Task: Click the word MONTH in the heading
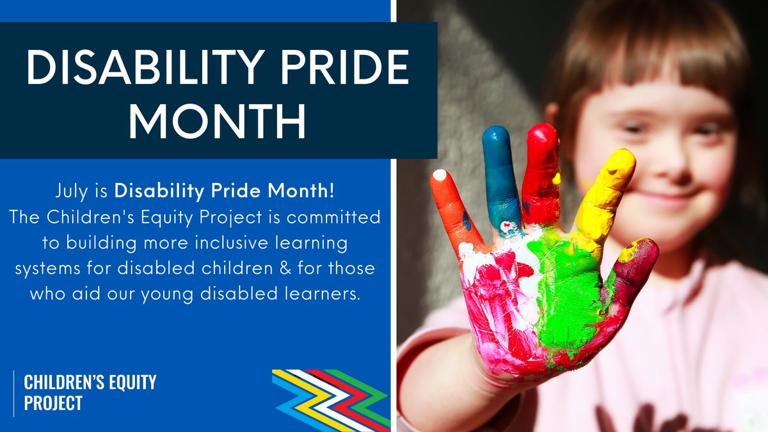(x=217, y=121)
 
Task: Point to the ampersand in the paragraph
(x=283, y=269)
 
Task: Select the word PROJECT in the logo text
(x=53, y=403)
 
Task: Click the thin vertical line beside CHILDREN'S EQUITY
(x=14, y=392)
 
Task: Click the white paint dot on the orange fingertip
(x=440, y=174)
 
